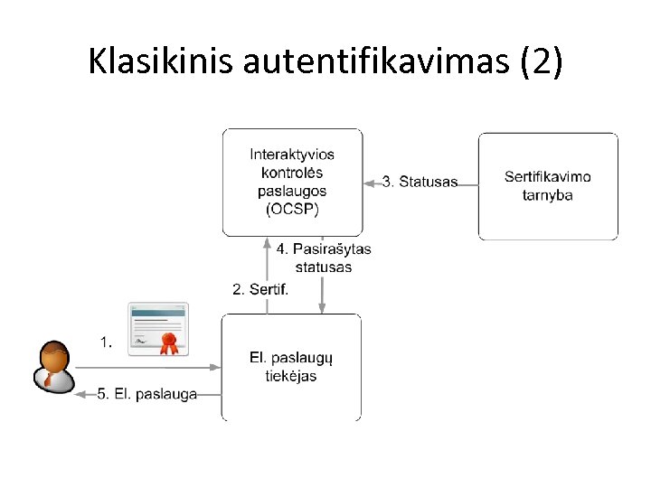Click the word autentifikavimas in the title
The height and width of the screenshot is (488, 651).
click(366, 61)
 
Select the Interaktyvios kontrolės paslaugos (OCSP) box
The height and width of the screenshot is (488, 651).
click(292, 182)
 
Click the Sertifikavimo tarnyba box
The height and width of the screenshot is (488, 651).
click(548, 185)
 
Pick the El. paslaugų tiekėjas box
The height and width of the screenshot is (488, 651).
click(291, 367)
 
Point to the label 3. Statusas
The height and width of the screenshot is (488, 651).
click(420, 182)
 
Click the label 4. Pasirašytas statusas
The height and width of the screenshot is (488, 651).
click(323, 258)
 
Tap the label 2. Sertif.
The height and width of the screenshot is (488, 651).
click(261, 289)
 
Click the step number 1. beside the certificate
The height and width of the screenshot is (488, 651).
click(107, 342)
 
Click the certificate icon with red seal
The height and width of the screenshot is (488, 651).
click(157, 329)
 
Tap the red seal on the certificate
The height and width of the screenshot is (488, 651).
click(167, 343)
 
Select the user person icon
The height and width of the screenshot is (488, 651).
click(52, 367)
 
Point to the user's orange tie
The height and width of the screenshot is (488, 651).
click(48, 377)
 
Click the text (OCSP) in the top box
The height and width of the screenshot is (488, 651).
click(292, 210)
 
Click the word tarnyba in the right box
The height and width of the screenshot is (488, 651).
click(548, 194)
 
